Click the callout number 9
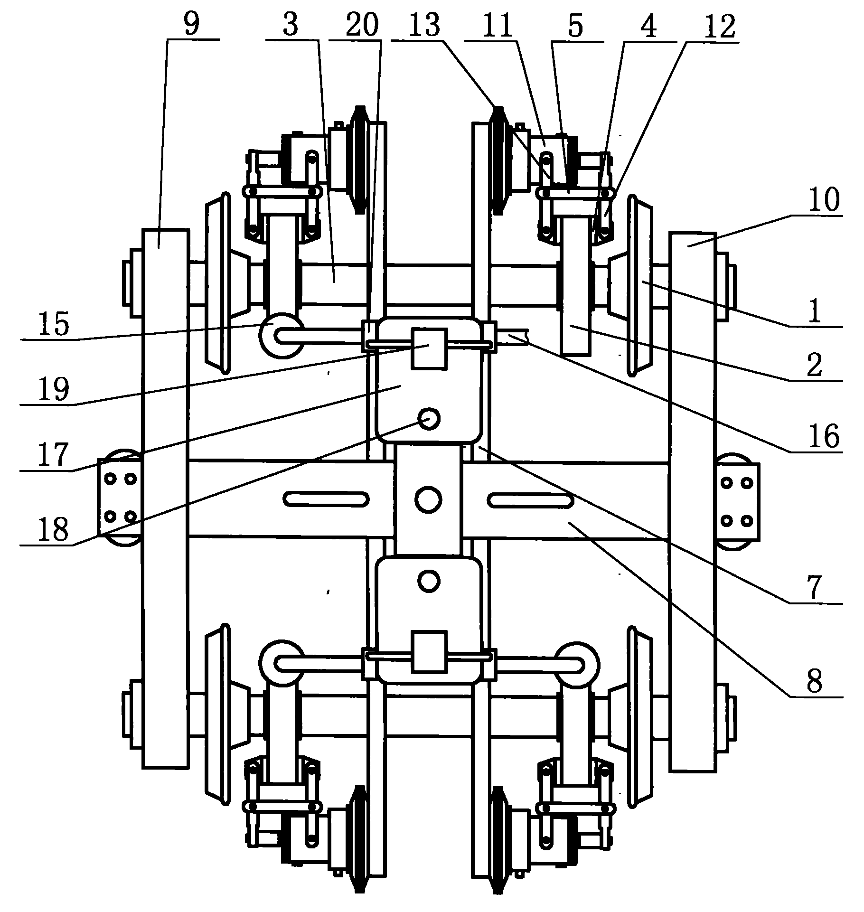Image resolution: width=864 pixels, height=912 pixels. (191, 25)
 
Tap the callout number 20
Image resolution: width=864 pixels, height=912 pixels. (362, 25)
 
